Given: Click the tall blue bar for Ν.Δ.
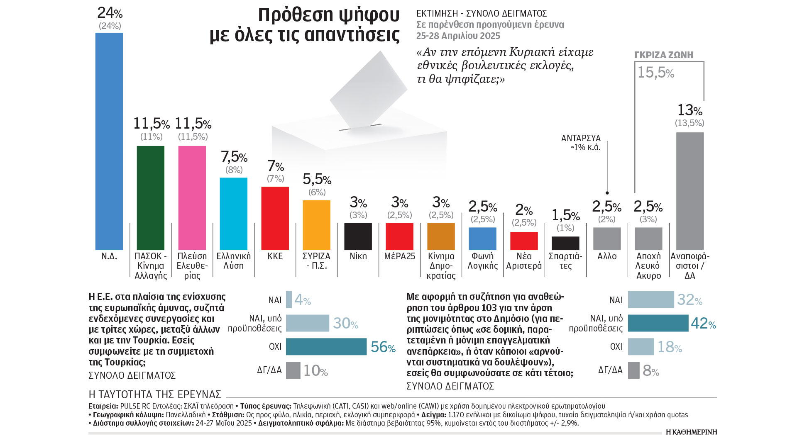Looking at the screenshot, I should (109, 141).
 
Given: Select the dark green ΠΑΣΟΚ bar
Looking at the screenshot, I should (151, 198).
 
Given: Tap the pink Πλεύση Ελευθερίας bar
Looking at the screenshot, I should (192, 198).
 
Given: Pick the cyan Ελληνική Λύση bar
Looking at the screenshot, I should (233, 214).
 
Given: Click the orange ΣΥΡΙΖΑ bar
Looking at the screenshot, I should (316, 225).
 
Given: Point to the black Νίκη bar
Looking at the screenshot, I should (358, 236).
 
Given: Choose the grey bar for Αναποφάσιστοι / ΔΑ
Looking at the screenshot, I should (690, 191).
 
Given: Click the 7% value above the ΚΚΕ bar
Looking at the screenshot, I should (276, 166).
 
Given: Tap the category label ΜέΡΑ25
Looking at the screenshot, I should (399, 256).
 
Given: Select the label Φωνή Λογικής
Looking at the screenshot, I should (482, 261).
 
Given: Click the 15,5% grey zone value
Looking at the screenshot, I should (655, 73).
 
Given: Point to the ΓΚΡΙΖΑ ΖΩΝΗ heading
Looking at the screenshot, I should (664, 55).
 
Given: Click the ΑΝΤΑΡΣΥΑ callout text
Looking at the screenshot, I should (581, 142).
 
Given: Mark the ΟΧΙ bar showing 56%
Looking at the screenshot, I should (326, 347).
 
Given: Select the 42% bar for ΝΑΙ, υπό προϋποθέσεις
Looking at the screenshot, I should (658, 323).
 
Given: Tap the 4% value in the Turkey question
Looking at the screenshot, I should (302, 299).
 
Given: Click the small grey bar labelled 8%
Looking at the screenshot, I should (633, 370).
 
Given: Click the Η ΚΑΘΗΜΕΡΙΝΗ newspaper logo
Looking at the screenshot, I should (691, 432).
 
